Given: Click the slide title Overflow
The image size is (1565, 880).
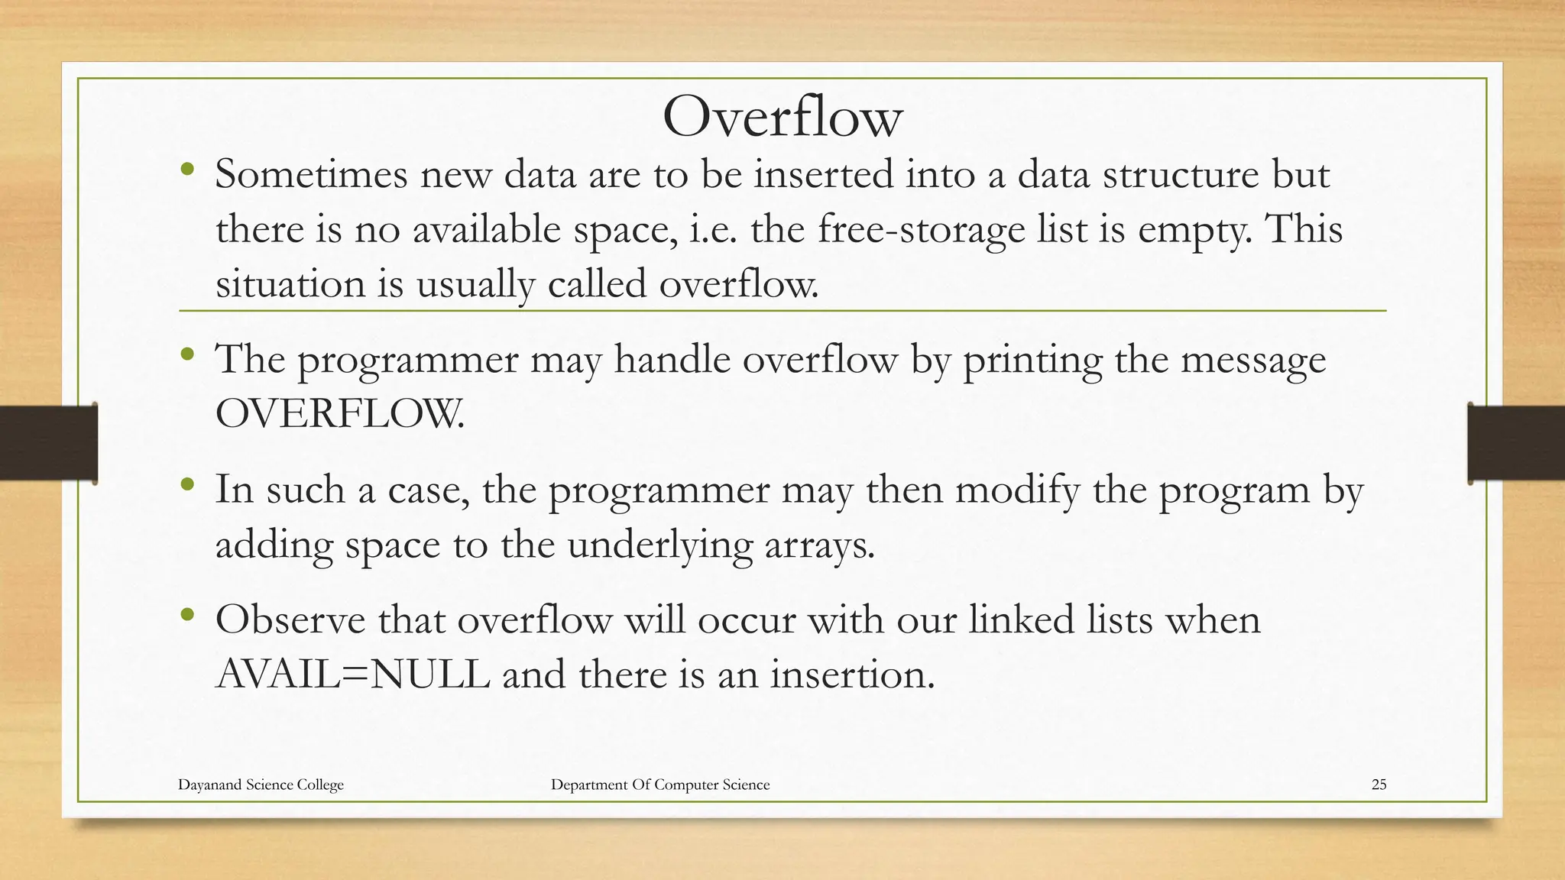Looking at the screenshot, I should click(x=782, y=118).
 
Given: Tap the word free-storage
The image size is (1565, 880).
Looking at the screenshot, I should click(x=921, y=230).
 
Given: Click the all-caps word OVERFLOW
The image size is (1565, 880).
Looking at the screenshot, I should click(x=339, y=415).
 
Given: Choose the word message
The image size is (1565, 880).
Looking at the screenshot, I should click(x=1253, y=361).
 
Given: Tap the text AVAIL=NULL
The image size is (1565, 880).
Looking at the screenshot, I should click(x=352, y=675).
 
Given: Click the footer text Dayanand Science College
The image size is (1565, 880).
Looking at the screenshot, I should click(x=261, y=785).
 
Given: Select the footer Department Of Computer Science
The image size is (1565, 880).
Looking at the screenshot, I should click(x=660, y=785).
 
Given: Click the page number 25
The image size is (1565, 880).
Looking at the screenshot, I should click(x=1379, y=785).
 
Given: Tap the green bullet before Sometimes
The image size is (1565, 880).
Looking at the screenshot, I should click(x=187, y=170).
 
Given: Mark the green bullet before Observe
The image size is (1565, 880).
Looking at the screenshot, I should click(x=187, y=614).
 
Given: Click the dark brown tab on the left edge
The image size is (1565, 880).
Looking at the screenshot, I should click(x=47, y=443).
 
